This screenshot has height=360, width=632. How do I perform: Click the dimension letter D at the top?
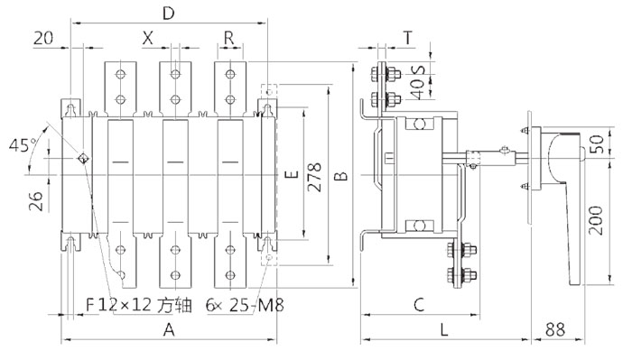coord(169,14)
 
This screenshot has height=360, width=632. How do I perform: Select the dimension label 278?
coord(314,177)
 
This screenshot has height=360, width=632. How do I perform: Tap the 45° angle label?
coord(23,145)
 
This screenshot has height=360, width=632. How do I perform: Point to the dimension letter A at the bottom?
coord(169,330)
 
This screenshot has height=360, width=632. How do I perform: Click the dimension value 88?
coord(555,329)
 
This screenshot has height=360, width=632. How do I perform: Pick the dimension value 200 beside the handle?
coord(596,220)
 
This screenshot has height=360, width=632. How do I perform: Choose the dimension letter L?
coord(444,330)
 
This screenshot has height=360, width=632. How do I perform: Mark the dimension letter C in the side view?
coord(419,304)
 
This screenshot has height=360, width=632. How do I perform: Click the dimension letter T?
coord(408,38)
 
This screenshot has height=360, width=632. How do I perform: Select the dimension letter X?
coord(148,38)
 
